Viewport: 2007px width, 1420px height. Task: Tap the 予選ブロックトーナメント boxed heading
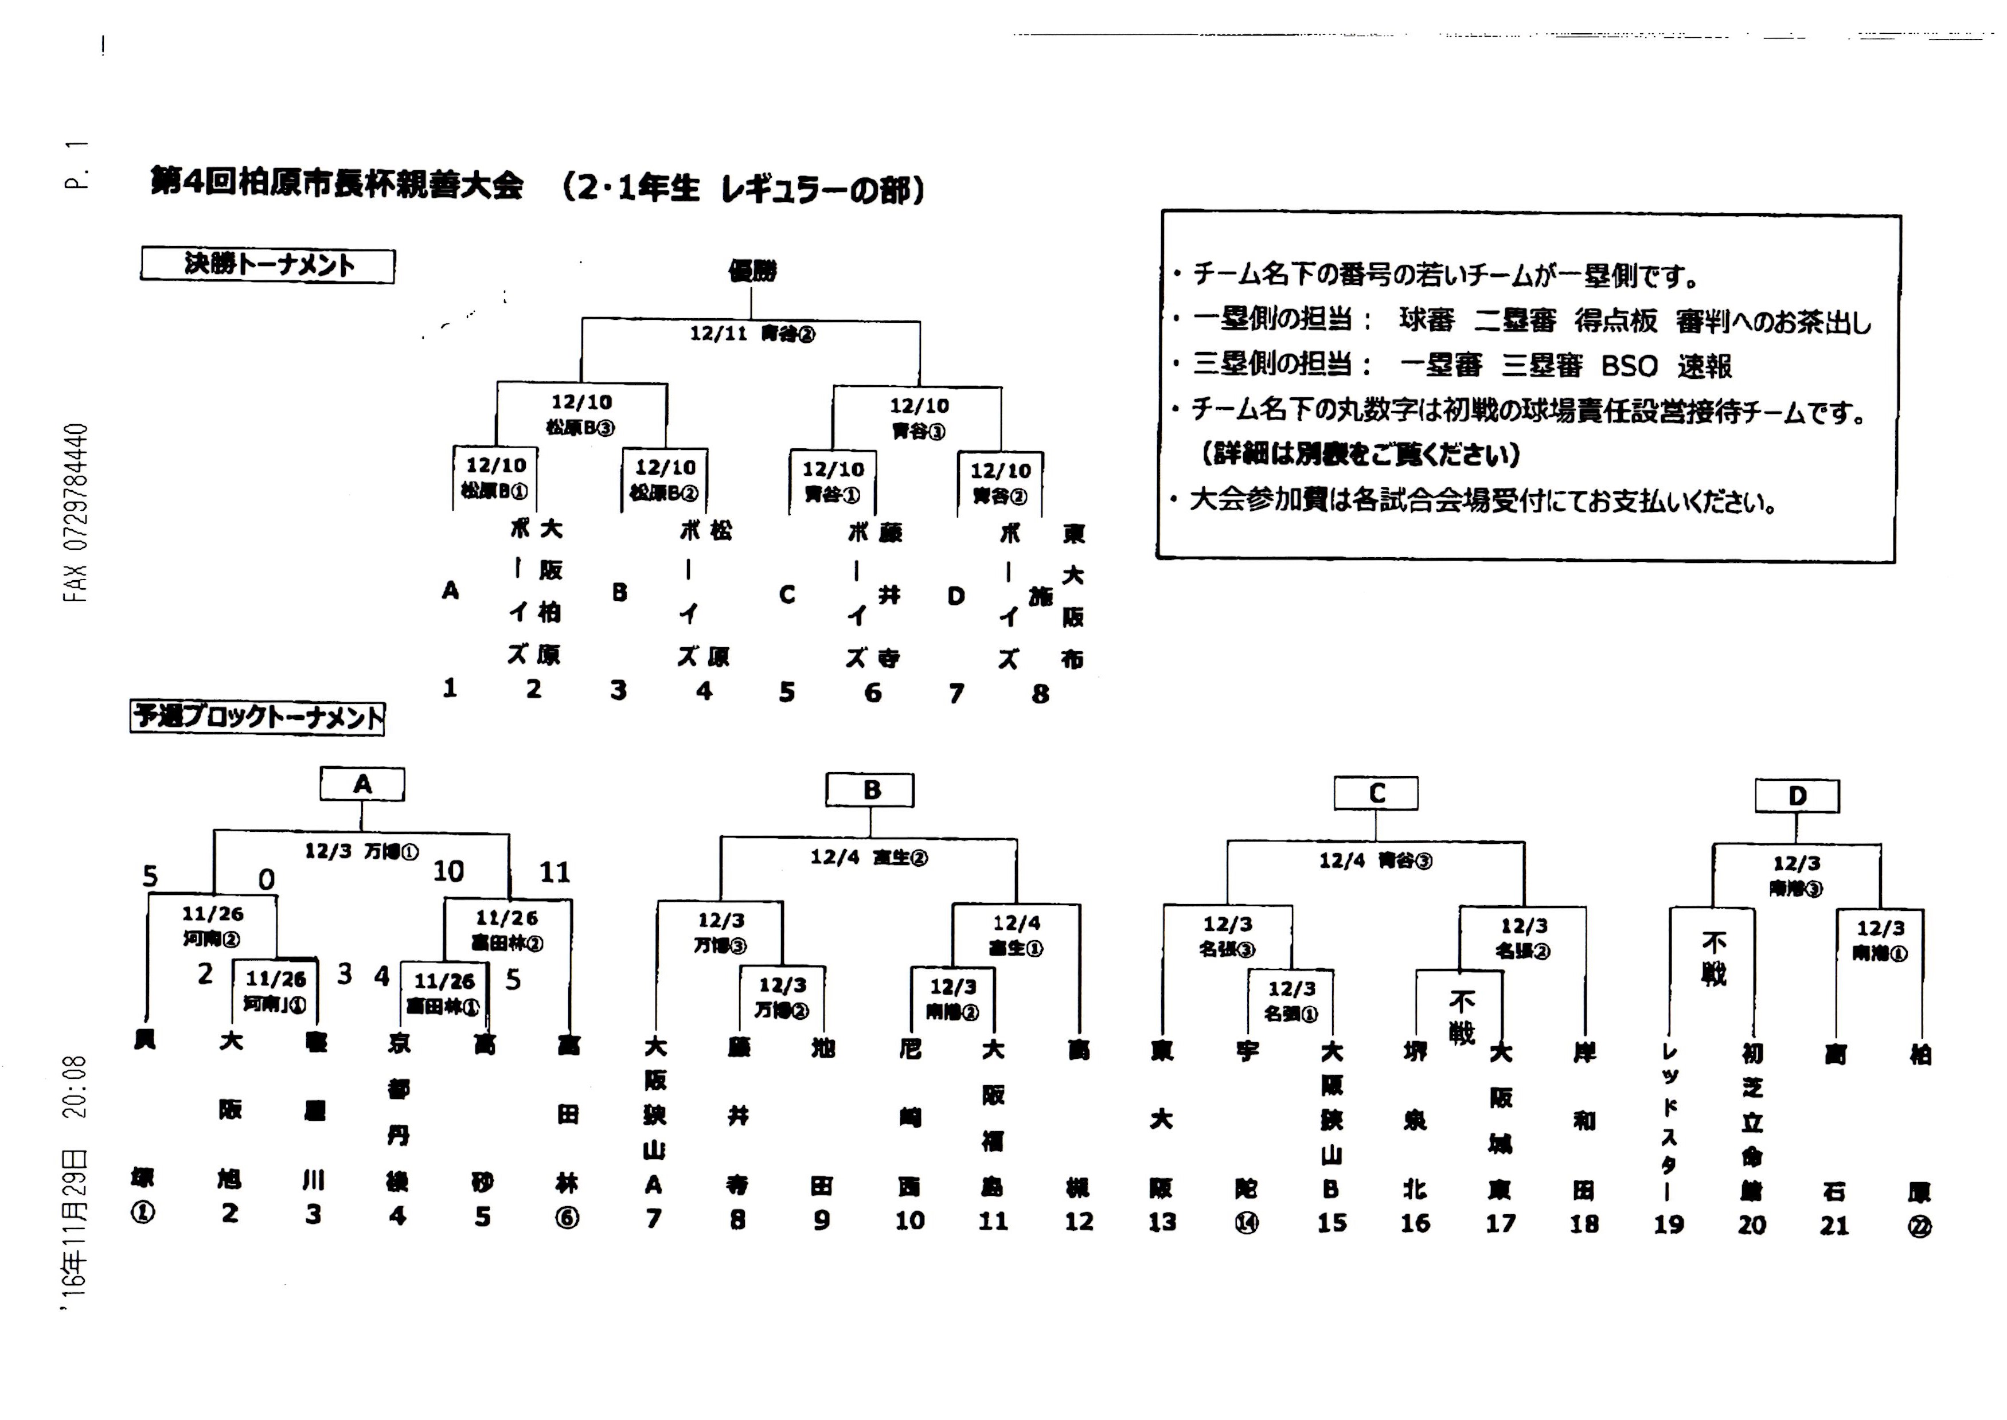(x=257, y=717)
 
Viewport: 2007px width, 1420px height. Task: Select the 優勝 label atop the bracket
(x=752, y=271)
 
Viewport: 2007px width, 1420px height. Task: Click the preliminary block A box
(x=362, y=784)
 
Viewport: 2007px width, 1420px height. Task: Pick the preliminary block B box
(x=870, y=791)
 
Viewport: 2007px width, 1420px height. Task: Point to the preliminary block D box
(x=1797, y=796)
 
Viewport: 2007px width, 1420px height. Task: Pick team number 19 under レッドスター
(x=1669, y=1224)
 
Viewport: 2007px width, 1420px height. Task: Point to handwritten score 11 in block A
(x=555, y=872)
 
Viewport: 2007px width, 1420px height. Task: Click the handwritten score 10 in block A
(x=448, y=871)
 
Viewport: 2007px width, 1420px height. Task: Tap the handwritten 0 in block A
(x=266, y=879)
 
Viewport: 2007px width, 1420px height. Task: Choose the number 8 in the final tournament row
(x=1040, y=694)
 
